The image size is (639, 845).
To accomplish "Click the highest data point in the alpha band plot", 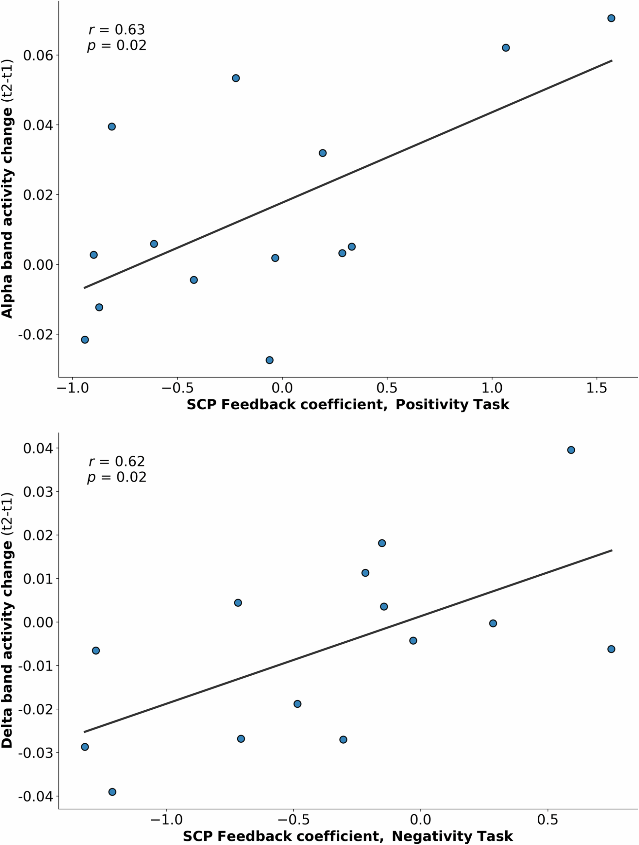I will coord(611,18).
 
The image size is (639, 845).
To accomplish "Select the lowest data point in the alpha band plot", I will coord(269,360).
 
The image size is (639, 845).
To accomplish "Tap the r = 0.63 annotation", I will coord(117,29).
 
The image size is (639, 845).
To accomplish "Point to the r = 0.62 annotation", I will coord(117,461).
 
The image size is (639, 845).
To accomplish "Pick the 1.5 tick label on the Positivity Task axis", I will coord(597,388).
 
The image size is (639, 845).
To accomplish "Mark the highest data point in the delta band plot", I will coord(571,450).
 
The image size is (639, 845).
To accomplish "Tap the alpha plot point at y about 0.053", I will coord(236,78).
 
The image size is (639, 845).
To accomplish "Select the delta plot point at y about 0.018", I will coord(382,543).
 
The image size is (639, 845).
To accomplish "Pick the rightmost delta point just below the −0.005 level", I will coord(611,649).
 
